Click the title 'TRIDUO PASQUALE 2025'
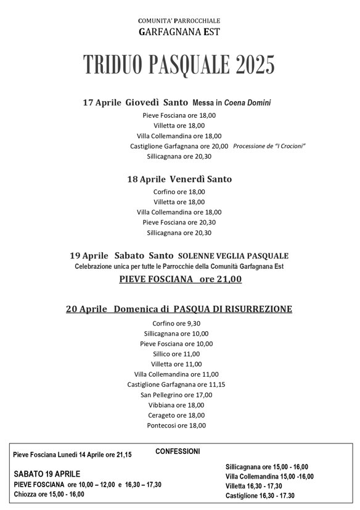click(179, 64)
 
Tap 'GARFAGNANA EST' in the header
click(179, 31)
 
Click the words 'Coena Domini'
click(247, 103)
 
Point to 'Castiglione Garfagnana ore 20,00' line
click(179, 146)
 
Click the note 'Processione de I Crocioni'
click(269, 146)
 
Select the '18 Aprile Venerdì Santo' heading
click(179, 179)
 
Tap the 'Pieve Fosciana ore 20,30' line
click(179, 222)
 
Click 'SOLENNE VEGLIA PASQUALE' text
click(233, 255)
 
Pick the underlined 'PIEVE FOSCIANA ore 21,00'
click(180, 279)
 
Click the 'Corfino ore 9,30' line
click(176, 323)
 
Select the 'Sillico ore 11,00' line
click(176, 353)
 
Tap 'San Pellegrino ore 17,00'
click(176, 395)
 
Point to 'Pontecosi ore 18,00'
click(176, 426)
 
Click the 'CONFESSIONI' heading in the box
click(178, 451)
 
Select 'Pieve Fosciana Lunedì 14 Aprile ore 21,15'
click(72, 455)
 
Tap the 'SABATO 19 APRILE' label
click(47, 474)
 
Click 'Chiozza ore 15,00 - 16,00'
click(49, 494)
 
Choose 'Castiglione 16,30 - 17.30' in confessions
click(260, 496)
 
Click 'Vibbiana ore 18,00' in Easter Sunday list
click(176, 405)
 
